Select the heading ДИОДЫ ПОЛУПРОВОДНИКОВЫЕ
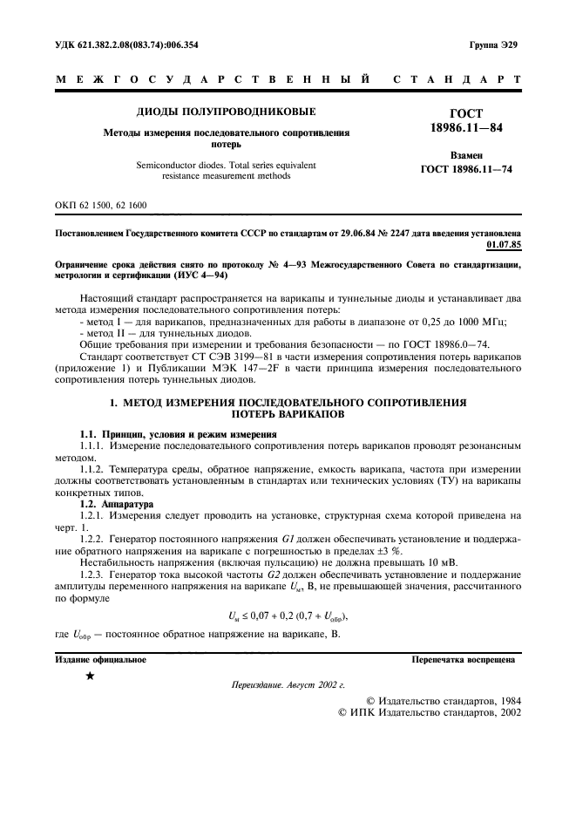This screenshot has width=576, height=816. [x=226, y=112]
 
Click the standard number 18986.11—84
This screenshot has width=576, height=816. [x=465, y=129]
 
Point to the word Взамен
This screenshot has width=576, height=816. [x=466, y=154]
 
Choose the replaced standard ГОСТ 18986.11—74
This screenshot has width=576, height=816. [x=466, y=169]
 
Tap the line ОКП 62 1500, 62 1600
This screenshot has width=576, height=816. [x=100, y=206]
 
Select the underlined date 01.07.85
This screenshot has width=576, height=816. [x=505, y=246]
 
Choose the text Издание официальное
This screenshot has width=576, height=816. [x=100, y=660]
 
